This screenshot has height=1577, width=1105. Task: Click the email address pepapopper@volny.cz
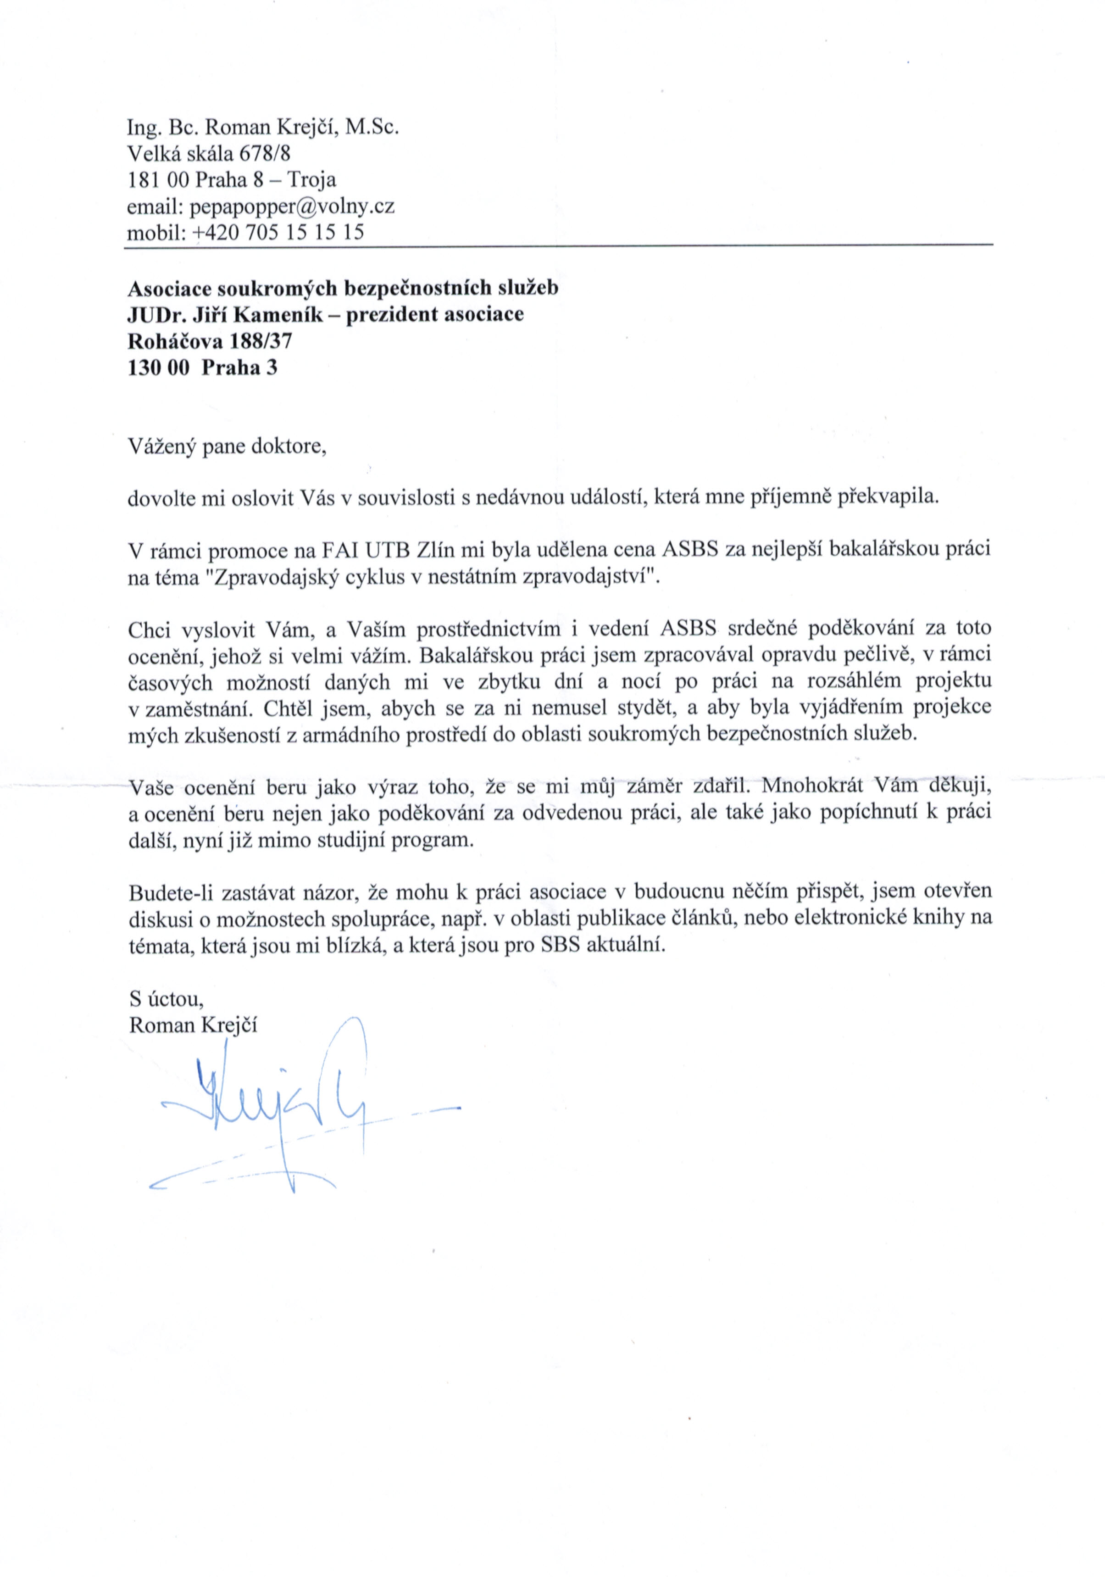[x=291, y=206]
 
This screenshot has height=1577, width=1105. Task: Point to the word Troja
[x=312, y=180]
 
